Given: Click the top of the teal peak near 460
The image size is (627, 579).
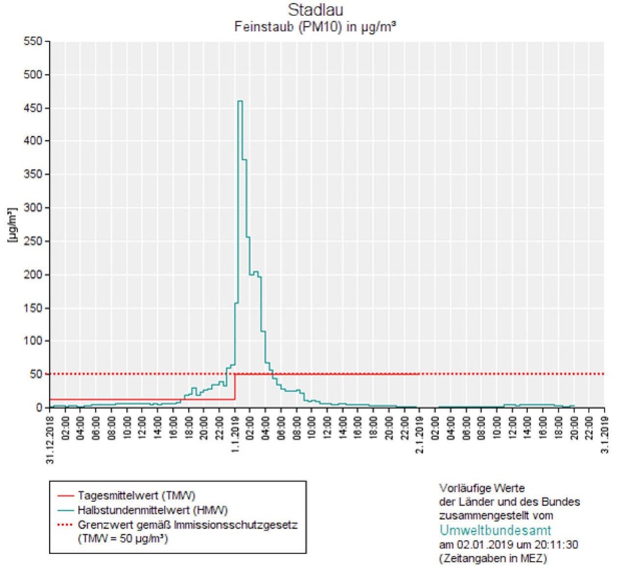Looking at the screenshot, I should [239, 101].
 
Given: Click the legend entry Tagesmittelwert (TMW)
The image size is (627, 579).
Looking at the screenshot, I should [123, 495].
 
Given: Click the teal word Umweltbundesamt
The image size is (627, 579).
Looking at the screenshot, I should [495, 530].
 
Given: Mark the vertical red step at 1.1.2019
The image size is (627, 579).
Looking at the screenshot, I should [235, 387].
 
